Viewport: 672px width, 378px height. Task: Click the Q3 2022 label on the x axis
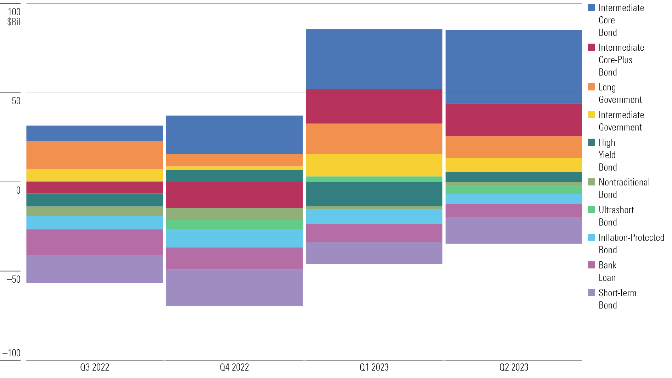pyautogui.click(x=95, y=367)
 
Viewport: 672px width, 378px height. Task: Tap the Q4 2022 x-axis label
pyautogui.click(x=234, y=367)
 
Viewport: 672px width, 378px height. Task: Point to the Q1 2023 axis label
pyautogui.click(x=374, y=367)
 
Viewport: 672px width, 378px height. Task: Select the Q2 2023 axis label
pyautogui.click(x=514, y=367)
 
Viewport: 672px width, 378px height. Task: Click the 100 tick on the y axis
pyautogui.click(x=14, y=12)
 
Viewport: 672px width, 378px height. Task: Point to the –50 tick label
pyautogui.click(x=13, y=279)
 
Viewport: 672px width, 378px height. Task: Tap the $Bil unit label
pyautogui.click(x=14, y=22)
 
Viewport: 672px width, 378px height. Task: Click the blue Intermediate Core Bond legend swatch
pyautogui.click(x=591, y=8)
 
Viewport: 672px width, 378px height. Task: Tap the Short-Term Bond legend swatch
pyautogui.click(x=591, y=293)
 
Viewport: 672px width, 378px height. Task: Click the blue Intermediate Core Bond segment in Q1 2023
pyautogui.click(x=374, y=59)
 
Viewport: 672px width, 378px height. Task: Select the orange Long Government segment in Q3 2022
pyautogui.click(x=95, y=155)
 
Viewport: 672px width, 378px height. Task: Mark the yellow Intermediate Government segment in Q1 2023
pyautogui.click(x=374, y=165)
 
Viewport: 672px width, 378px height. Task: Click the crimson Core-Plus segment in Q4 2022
pyautogui.click(x=234, y=195)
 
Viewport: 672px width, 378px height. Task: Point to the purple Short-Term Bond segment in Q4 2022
pyautogui.click(x=234, y=288)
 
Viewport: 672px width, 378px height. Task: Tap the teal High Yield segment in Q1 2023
pyautogui.click(x=374, y=194)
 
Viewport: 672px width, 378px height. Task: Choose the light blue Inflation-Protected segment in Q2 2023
pyautogui.click(x=514, y=199)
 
